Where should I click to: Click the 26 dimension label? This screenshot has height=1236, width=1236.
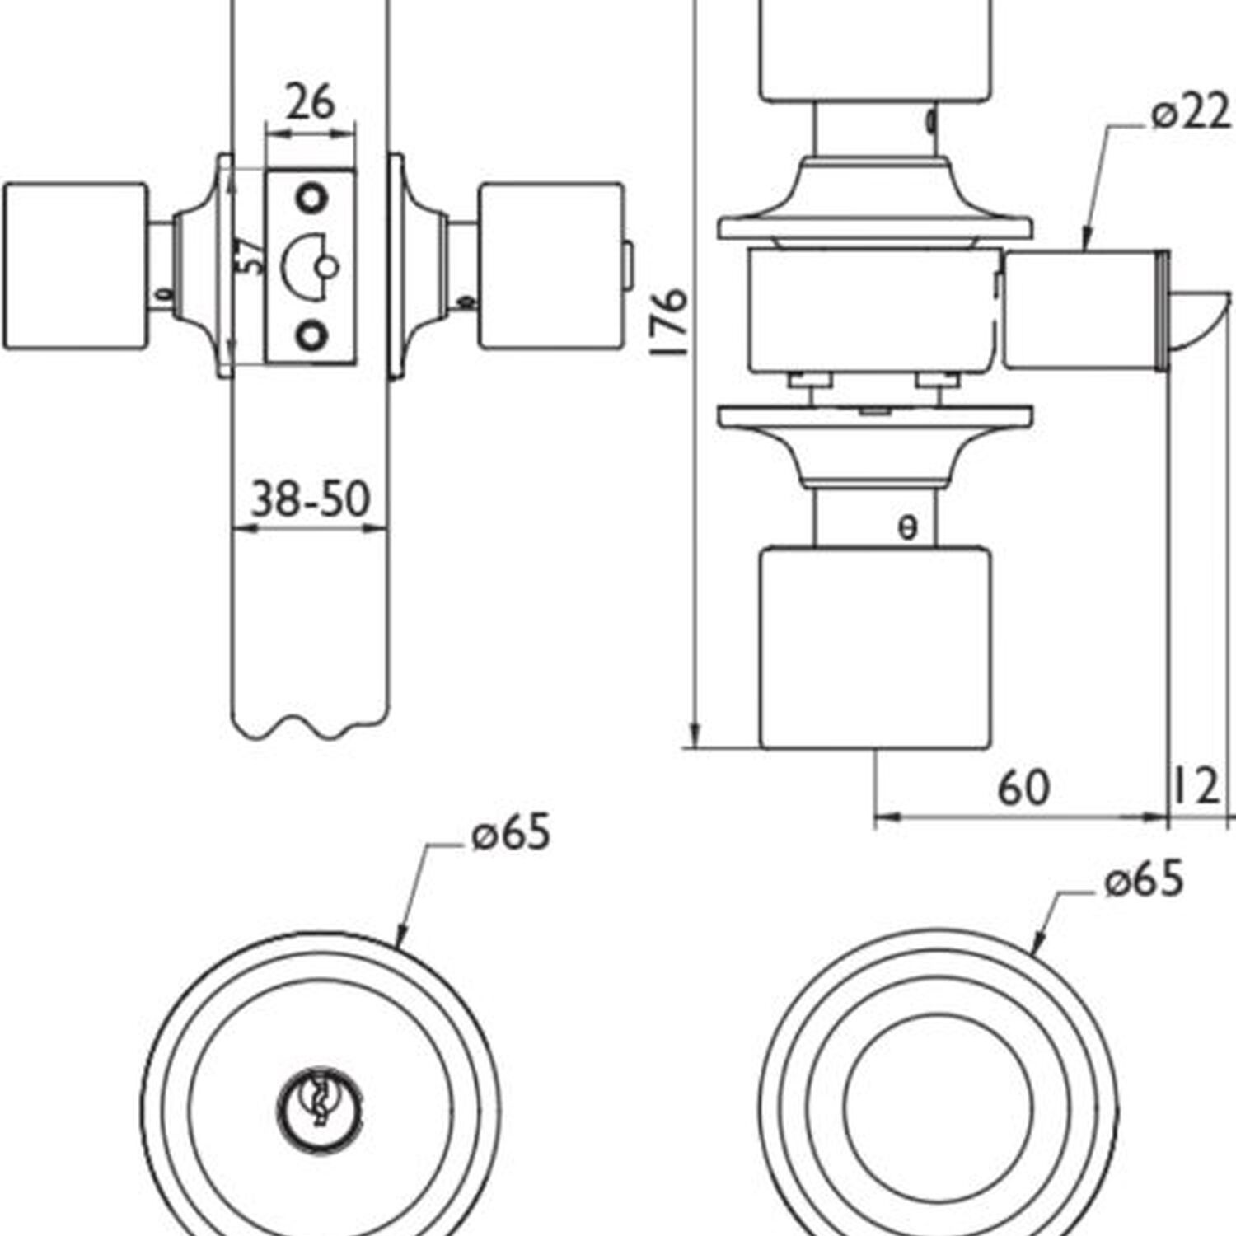[x=311, y=102]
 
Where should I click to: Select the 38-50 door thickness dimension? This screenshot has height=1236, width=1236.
[x=311, y=499]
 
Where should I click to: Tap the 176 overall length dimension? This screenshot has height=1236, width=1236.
[x=669, y=321]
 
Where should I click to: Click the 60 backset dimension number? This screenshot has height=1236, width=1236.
[x=1023, y=788]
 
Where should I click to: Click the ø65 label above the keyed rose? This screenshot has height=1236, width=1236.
[x=511, y=834]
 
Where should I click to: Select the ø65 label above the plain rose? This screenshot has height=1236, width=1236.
[x=1144, y=879]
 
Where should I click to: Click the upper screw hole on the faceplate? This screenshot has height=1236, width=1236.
[x=311, y=199]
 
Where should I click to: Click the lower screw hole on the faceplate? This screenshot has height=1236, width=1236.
[x=311, y=335]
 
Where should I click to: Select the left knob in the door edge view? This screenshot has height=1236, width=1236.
[x=76, y=266]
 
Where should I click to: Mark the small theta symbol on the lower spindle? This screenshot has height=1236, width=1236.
[x=907, y=527]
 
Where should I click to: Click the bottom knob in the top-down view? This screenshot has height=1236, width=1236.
[x=874, y=648]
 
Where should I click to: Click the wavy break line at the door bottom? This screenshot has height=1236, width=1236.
[x=310, y=727]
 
